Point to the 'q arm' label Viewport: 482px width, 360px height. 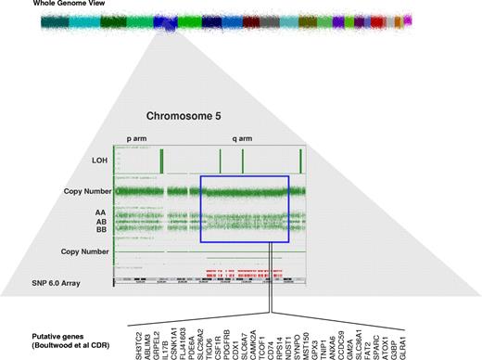coord(245,138)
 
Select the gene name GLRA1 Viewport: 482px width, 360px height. coord(407,340)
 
